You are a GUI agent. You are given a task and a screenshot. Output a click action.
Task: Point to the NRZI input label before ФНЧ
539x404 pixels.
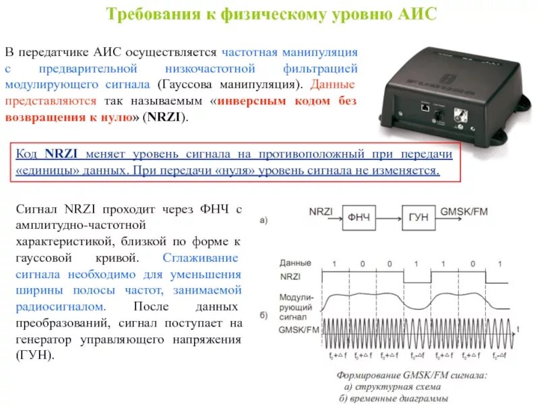pyautogui.click(x=321, y=211)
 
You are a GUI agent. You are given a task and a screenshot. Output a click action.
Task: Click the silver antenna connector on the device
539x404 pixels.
pyautogui.click(x=463, y=115)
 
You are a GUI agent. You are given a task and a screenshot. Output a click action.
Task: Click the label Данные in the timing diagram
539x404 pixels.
pyautogui.click(x=295, y=263)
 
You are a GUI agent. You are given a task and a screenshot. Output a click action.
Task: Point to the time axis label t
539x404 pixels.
pyautogui.click(x=517, y=329)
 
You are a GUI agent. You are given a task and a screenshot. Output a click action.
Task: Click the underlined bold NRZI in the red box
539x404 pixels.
pyautogui.click(x=59, y=154)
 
